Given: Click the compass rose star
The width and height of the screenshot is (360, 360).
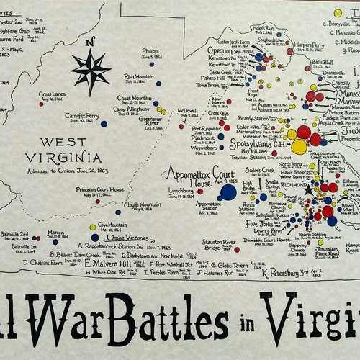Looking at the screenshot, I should [x=90, y=70].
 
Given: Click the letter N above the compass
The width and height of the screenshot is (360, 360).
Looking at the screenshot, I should [x=89, y=42].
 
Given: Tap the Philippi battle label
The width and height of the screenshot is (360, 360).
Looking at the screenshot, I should [x=150, y=51].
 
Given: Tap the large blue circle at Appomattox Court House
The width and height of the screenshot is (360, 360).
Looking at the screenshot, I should [x=228, y=192].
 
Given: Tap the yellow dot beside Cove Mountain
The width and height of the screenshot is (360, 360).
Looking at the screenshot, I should [x=92, y=227].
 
